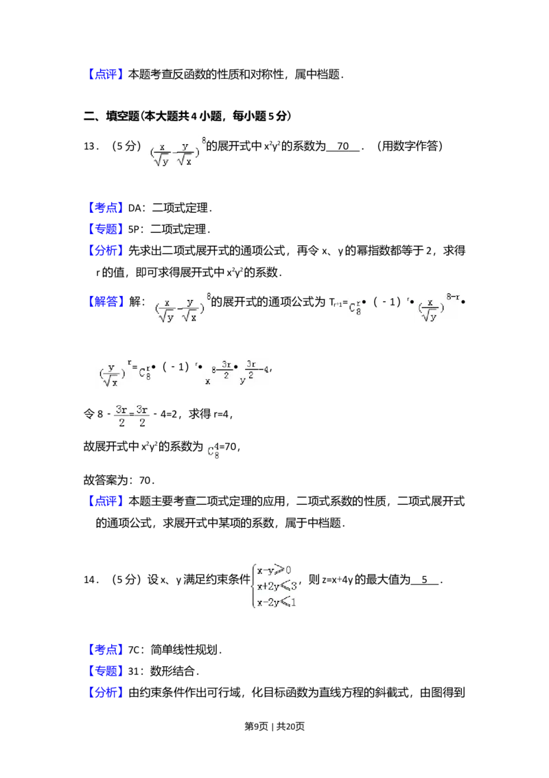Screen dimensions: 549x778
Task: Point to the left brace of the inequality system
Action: [251, 585]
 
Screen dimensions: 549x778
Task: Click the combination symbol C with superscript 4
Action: [213, 451]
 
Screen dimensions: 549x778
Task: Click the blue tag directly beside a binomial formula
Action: [106, 301]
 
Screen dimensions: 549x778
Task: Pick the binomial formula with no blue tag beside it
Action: [176, 151]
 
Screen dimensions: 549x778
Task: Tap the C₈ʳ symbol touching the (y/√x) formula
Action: [145, 374]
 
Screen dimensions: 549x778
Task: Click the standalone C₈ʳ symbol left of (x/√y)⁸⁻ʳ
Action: [354, 308]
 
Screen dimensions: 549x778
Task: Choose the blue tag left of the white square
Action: [106, 650]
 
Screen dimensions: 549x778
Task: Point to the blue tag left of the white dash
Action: [106, 207]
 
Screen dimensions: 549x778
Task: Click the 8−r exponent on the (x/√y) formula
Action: [452, 297]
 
